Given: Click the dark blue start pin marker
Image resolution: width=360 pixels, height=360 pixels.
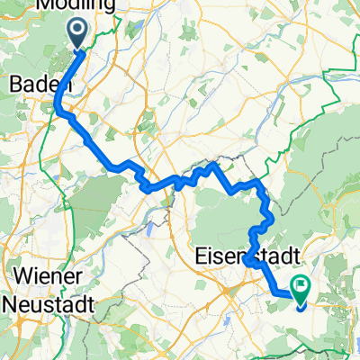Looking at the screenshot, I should coord(77,34).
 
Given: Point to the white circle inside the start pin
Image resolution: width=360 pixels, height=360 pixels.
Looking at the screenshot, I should coord(77,31).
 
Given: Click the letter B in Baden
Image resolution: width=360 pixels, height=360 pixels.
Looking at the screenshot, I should coord(13,83).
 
